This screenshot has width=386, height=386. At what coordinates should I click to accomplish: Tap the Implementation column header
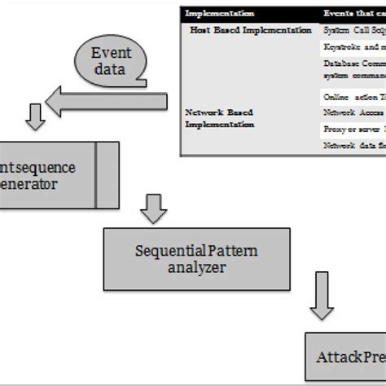click(219, 14)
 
